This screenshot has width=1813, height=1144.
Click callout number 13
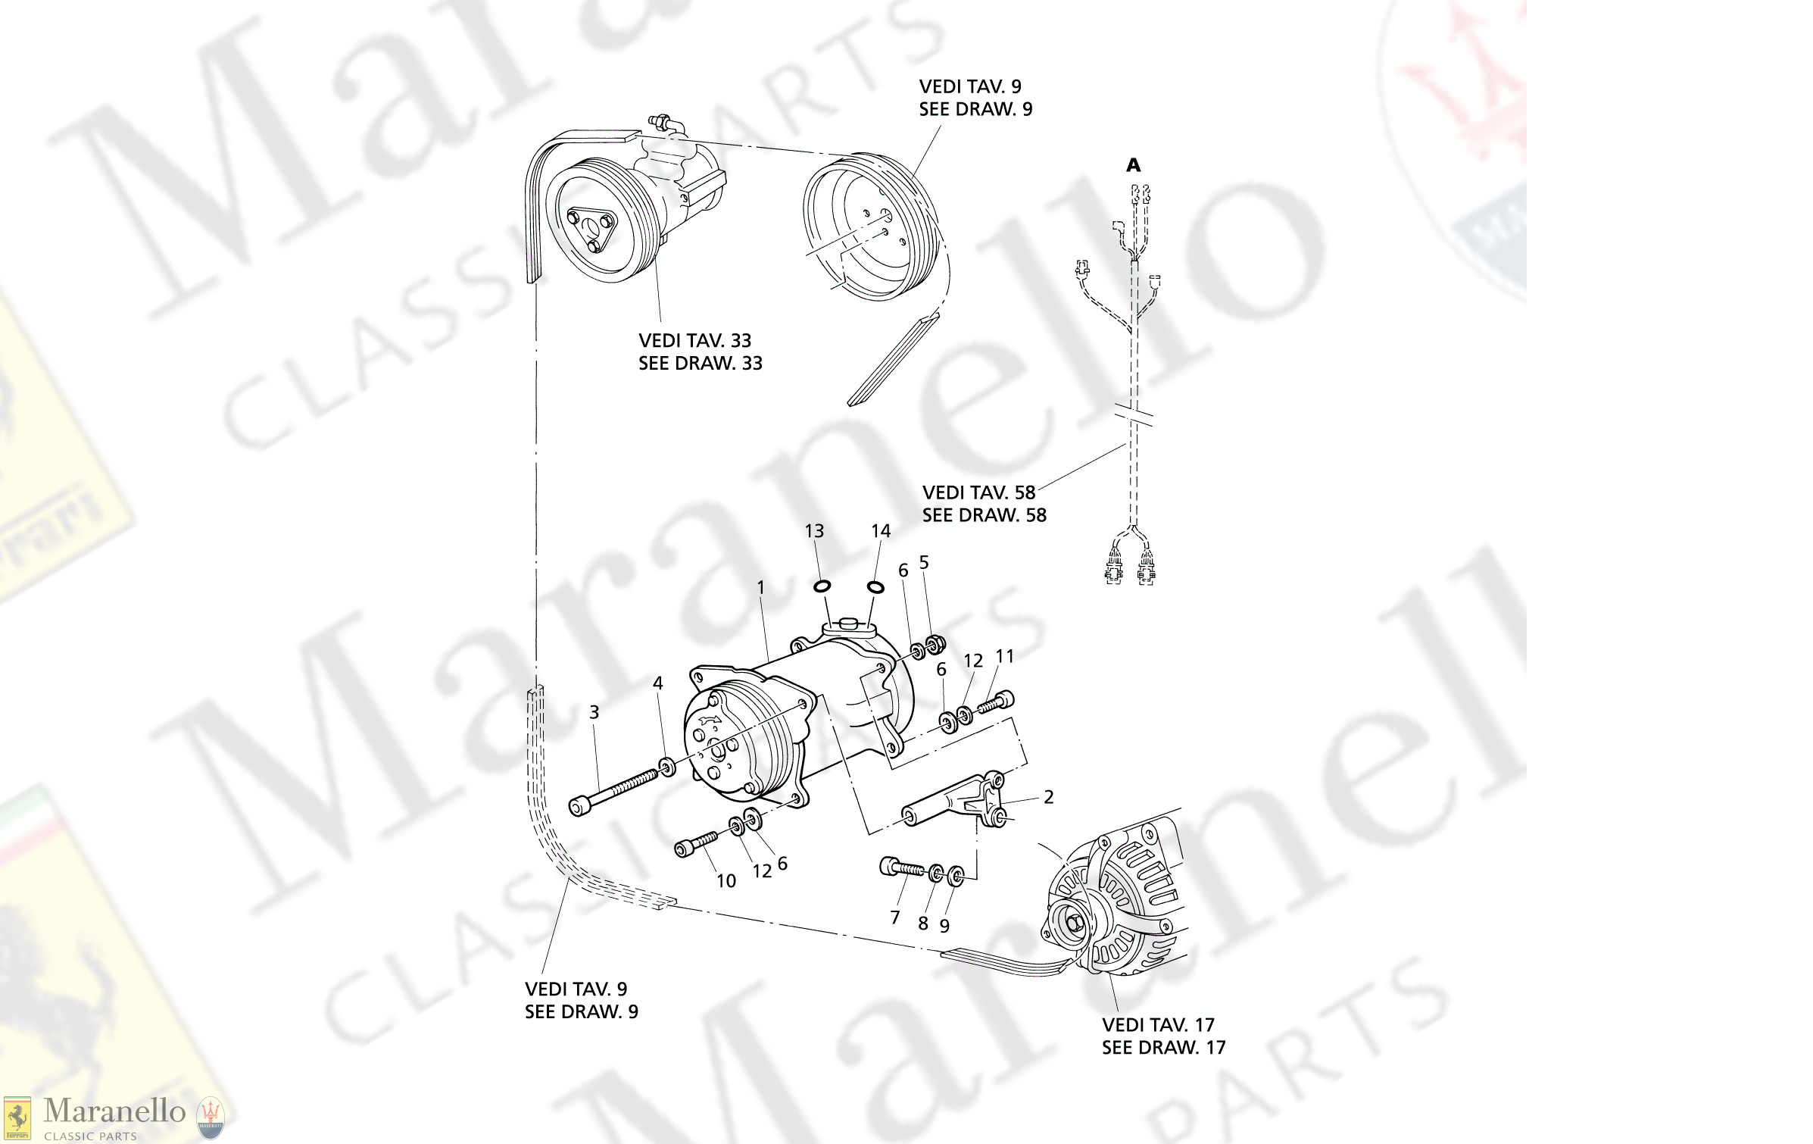tap(814, 531)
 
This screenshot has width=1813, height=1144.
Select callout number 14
tap(880, 531)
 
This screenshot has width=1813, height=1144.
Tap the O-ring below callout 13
tap(822, 586)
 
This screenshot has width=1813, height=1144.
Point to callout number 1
tap(760, 587)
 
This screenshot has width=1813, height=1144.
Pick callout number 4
tap(657, 683)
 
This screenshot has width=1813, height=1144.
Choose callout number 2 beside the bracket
tap(1048, 797)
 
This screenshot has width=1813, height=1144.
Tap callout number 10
tap(726, 881)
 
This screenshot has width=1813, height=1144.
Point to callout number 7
tap(894, 917)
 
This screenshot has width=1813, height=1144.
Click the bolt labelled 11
tap(995, 703)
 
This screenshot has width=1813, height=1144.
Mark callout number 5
tap(923, 562)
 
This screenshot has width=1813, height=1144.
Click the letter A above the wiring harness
tap(1133, 165)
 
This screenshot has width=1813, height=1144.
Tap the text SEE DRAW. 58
tap(984, 515)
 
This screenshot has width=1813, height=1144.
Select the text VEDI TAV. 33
tap(694, 341)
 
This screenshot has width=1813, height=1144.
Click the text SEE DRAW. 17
tap(1163, 1048)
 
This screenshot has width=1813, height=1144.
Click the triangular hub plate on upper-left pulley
tap(591, 228)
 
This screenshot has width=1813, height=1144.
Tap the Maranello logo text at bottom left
tap(114, 1111)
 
